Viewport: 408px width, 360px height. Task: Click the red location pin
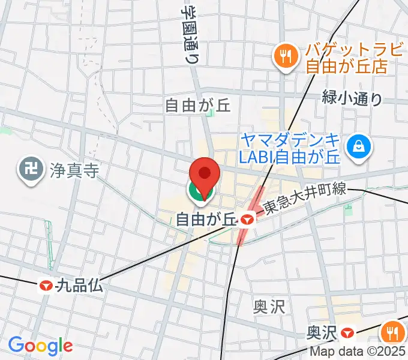(x=204, y=175)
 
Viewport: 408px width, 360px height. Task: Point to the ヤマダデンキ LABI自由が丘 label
(x=290, y=148)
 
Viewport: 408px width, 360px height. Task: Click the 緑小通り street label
(x=352, y=98)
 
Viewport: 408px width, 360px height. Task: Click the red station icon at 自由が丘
(x=246, y=220)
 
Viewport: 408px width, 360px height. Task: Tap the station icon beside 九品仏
(x=47, y=286)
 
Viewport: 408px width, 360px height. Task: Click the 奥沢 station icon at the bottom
(x=347, y=332)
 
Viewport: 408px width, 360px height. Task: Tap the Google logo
(x=40, y=346)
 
